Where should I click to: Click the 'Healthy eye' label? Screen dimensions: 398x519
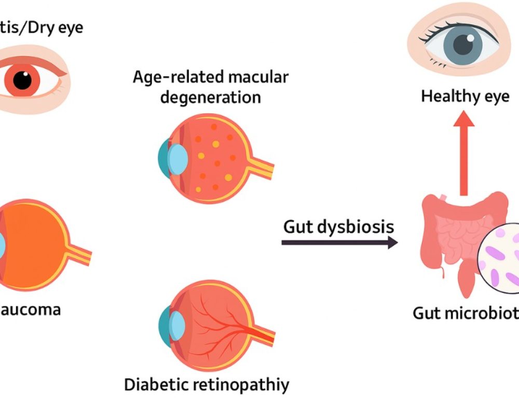(x=465, y=96)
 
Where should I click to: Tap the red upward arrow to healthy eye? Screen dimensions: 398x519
(x=464, y=156)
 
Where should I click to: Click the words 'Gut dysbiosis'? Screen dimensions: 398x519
(x=338, y=227)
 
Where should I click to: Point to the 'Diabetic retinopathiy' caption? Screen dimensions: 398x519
(x=207, y=384)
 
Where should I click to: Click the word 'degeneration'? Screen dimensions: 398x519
(x=210, y=97)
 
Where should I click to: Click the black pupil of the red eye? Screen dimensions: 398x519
(x=22, y=81)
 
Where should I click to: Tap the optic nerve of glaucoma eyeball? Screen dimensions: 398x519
(x=78, y=255)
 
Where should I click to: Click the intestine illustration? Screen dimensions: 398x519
(x=452, y=234)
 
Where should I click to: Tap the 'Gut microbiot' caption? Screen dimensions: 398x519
(x=465, y=313)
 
